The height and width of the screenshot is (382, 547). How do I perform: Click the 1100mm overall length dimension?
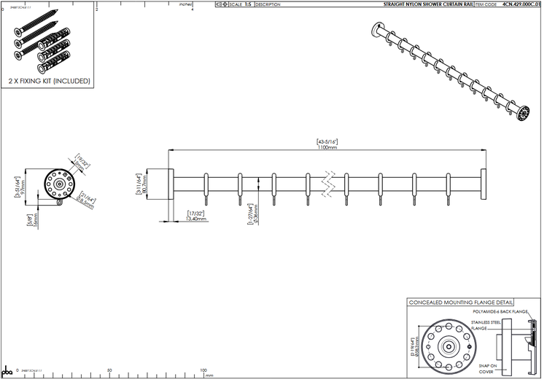coord(327,147)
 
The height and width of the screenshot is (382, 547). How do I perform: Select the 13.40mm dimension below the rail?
coord(197,218)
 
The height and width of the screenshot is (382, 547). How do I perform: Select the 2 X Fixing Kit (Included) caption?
coord(48,81)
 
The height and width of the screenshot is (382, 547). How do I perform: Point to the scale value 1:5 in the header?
coord(249,4)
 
